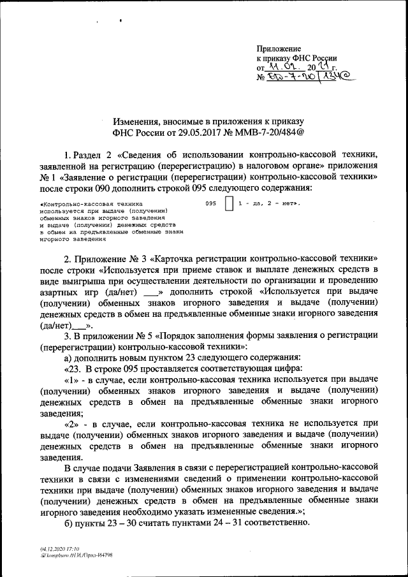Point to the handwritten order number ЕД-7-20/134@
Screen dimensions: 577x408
[x=312, y=78]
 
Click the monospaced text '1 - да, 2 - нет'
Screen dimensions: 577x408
[x=268, y=203]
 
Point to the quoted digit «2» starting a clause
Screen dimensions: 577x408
[x=73, y=425]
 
